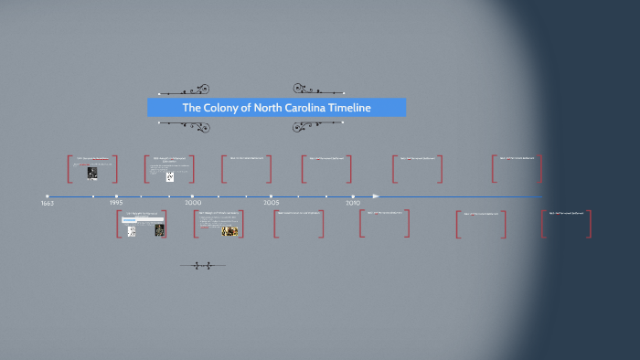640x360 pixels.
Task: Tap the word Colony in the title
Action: pos(222,108)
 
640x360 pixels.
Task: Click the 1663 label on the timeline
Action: pos(48,203)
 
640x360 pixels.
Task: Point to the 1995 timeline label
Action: pos(116,203)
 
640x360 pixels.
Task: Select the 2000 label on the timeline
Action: pos(193,203)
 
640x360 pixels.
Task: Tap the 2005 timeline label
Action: pos(272,203)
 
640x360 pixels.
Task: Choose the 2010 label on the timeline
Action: pos(353,203)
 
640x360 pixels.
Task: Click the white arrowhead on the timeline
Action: pos(376,196)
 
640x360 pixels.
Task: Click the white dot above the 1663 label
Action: pos(48,196)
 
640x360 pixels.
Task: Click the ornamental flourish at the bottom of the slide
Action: pos(202,266)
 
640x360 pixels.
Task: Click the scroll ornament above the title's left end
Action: pos(184,91)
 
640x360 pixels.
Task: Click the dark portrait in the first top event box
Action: pos(92,173)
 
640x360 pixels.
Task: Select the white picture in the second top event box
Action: pos(170,175)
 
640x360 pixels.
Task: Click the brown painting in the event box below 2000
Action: pos(230,231)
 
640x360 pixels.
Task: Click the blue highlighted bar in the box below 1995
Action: pos(130,220)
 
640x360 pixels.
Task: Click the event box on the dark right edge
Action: pos(566,224)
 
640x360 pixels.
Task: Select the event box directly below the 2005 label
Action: pos(299,224)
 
